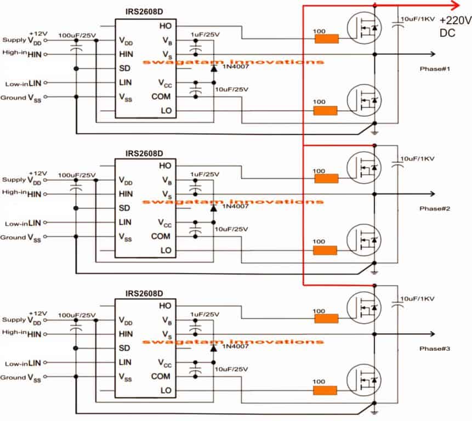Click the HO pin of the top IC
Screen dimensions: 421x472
coord(165,26)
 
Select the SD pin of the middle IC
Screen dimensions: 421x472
coord(125,208)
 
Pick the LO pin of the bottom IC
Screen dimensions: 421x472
coord(165,390)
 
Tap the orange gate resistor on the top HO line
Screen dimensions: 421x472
coord(326,39)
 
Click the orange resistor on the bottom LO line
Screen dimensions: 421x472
coord(326,390)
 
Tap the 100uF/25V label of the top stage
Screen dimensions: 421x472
coord(76,36)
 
